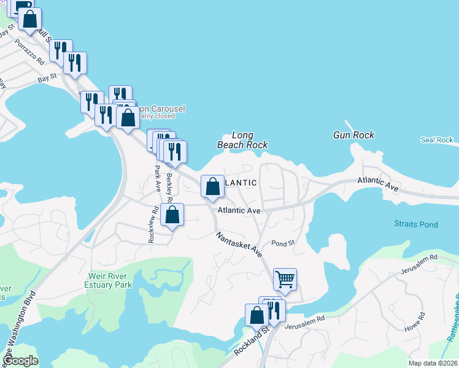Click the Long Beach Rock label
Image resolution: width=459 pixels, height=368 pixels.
pos(242,140)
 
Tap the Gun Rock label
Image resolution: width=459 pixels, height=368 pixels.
pos(353,135)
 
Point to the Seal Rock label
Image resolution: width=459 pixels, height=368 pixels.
pos(436,140)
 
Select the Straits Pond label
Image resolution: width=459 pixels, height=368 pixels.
pos(416,224)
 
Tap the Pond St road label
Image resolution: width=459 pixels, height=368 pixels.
pos(283,243)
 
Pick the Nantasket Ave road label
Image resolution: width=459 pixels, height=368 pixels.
pos(238,243)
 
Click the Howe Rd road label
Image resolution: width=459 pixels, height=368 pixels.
pos(415,323)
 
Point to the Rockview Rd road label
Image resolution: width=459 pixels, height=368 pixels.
pos(153,224)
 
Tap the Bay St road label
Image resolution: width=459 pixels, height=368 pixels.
pos(47,78)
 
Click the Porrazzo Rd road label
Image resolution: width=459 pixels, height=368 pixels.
pos(30,53)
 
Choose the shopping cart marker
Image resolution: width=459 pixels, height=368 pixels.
pos(285,279)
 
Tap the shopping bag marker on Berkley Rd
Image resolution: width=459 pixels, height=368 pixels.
pos(172,215)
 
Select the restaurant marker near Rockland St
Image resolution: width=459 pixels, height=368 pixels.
pos(274,310)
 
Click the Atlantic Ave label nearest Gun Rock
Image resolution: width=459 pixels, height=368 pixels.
pos(378,182)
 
